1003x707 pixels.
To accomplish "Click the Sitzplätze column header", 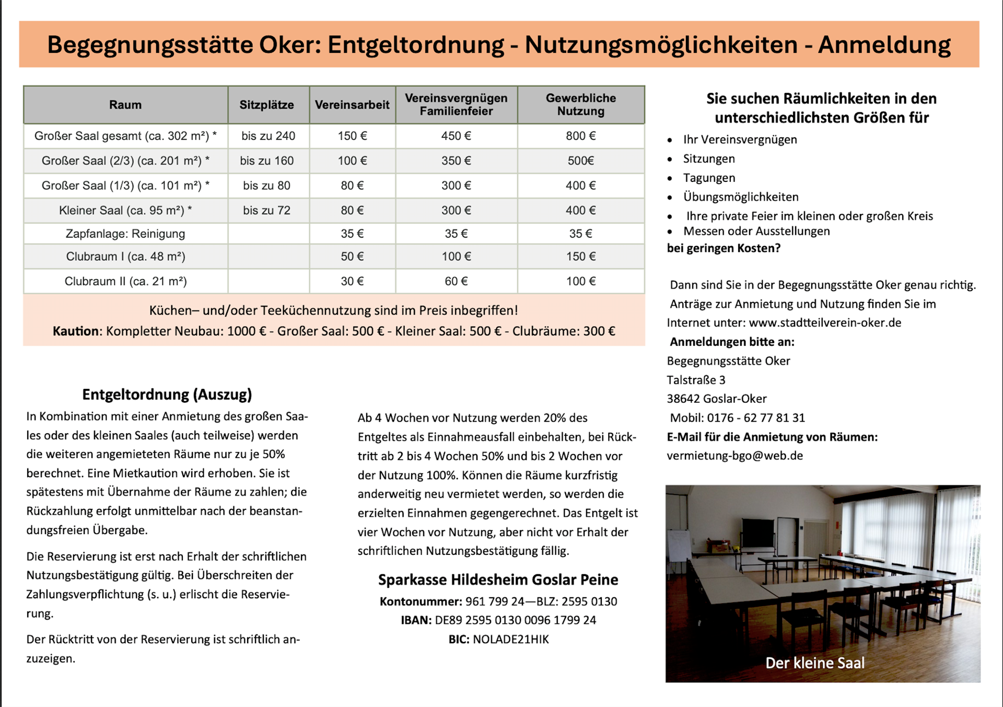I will tap(266, 105).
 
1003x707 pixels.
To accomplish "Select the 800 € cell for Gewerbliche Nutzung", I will tap(580, 136).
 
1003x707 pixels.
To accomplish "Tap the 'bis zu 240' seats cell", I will tap(268, 136).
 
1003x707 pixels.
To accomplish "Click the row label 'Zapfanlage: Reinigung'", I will tap(125, 234).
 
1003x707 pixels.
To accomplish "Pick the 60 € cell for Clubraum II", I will tap(456, 281).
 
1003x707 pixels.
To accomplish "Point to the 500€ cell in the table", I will tap(580, 160).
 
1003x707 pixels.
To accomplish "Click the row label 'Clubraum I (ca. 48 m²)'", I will tap(125, 257).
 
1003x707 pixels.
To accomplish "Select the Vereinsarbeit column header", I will tap(352, 105).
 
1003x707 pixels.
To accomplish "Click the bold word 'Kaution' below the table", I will tap(76, 331).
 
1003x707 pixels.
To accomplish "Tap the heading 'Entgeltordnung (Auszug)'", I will tap(167, 395).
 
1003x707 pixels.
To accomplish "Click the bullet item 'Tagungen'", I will tap(709, 178).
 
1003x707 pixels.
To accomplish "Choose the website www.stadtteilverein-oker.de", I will tap(825, 322).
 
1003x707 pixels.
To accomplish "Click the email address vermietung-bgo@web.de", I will tap(734, 456).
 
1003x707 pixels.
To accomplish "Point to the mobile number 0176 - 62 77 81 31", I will tap(756, 418).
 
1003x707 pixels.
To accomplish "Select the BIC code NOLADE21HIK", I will tap(510, 640).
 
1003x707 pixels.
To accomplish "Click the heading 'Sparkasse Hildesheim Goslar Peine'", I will tap(498, 579).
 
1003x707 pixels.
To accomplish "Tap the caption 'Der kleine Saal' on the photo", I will tap(814, 663).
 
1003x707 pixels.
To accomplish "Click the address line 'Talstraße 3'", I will tap(696, 380).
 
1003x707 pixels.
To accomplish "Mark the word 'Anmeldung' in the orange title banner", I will tap(884, 45).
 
